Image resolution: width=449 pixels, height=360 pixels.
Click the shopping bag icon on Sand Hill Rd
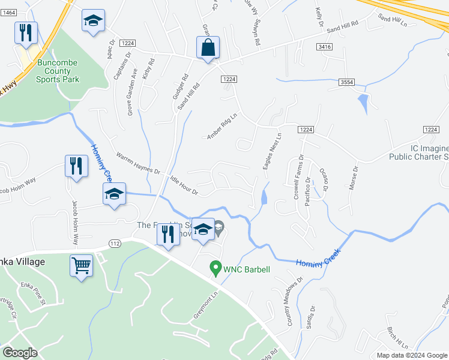pyautogui.click(x=208, y=47)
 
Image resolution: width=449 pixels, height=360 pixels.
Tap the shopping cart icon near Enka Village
pyautogui.click(x=81, y=264)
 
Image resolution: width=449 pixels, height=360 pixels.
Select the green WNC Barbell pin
pyautogui.click(x=214, y=269)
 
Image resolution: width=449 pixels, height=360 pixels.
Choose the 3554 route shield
pyautogui.click(x=345, y=82)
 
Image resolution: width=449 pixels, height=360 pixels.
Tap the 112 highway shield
pyautogui.click(x=115, y=242)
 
